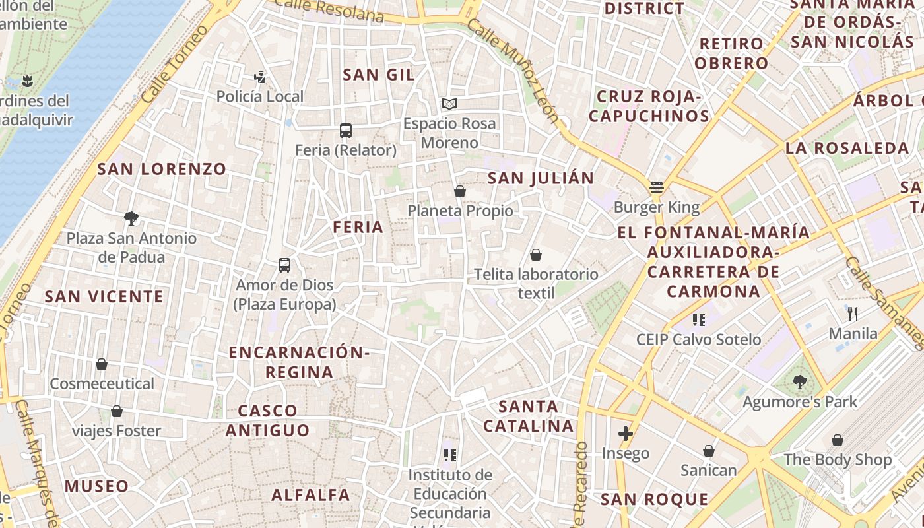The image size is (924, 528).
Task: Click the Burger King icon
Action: [656, 187]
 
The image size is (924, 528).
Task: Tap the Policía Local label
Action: [260, 97]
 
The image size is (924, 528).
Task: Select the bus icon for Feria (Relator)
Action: [346, 130]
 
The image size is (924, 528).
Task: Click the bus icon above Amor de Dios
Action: [284, 265]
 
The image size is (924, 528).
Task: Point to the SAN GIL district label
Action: [379, 75]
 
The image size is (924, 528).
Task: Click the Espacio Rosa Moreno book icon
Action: [449, 104]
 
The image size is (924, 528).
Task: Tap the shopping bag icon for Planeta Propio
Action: [460, 191]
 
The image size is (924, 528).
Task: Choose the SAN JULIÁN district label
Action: [541, 178]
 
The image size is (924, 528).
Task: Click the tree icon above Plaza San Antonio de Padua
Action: [131, 218]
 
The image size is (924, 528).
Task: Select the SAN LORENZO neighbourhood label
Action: [162, 169]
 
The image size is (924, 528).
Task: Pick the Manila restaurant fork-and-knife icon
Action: [853, 313]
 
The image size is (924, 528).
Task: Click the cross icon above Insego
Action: [626, 434]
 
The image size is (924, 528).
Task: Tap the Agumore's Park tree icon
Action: [800, 381]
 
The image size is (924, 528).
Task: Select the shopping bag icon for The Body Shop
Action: [838, 440]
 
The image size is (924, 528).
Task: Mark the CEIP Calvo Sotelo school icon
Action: [699, 320]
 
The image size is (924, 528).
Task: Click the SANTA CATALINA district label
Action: [529, 416]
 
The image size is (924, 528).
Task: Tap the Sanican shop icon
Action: [709, 451]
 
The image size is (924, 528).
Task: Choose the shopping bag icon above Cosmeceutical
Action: [102, 364]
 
